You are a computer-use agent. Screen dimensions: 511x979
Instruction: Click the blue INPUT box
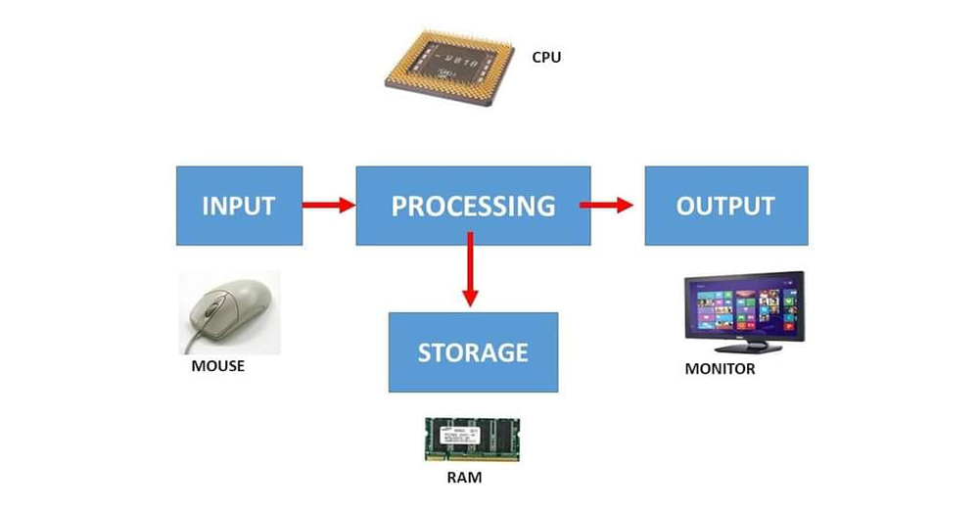click(239, 206)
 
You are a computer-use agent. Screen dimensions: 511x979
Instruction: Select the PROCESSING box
click(473, 206)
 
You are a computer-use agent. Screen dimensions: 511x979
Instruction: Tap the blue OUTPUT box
click(725, 206)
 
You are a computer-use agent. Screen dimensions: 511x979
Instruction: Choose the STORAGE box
click(473, 351)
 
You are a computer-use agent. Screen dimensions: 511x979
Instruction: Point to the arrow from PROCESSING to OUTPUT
click(606, 206)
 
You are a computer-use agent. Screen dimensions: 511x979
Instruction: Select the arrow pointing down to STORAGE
click(471, 269)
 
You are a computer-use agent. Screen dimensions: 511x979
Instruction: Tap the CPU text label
click(546, 57)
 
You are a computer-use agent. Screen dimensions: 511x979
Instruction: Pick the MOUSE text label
click(218, 366)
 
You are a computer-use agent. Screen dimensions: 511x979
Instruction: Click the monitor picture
click(743, 311)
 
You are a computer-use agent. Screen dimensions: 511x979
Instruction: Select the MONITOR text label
click(720, 369)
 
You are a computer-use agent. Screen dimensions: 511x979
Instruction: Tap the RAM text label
click(464, 480)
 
